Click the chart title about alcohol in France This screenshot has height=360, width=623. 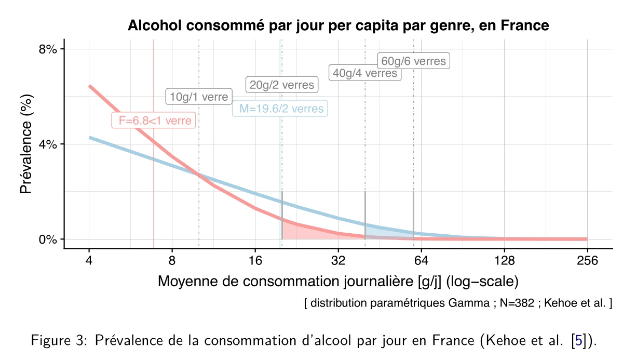[338, 25]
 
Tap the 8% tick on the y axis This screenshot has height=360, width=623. [49, 49]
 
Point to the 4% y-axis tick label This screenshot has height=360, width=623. [49, 144]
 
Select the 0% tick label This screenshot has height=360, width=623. [49, 239]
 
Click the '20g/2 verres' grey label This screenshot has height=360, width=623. [281, 85]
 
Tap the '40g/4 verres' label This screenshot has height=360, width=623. [364, 73]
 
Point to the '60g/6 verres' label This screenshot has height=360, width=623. [413, 61]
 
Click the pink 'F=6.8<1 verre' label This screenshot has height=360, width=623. [154, 121]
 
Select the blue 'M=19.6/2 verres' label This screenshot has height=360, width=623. [280, 109]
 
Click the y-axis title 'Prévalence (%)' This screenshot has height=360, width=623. [26, 144]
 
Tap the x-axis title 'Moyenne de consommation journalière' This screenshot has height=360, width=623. [338, 282]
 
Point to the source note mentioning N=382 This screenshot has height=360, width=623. [457, 303]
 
